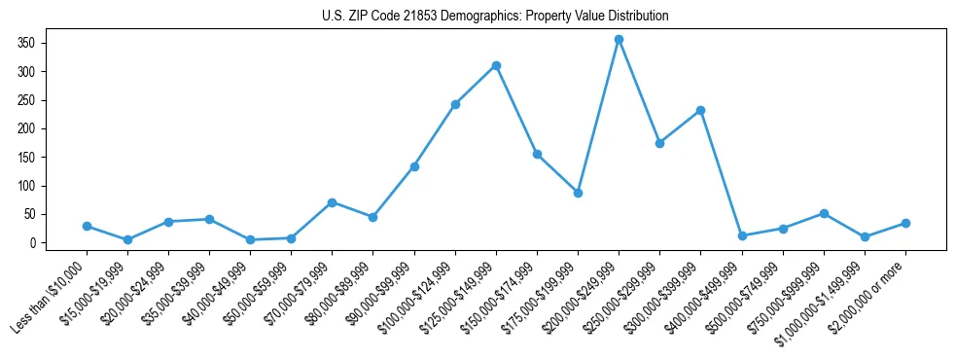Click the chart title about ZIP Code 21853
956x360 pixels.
click(x=495, y=17)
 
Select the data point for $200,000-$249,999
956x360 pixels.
click(x=620, y=39)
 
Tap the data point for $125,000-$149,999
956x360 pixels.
click(x=496, y=65)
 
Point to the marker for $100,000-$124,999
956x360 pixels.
click(x=455, y=104)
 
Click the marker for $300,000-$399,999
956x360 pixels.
click(x=701, y=110)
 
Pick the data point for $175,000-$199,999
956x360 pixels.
click(x=578, y=193)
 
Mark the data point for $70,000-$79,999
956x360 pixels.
click(x=333, y=202)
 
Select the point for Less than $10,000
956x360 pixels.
click(x=87, y=226)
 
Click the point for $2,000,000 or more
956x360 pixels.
click(x=905, y=223)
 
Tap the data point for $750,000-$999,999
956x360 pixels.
click(x=824, y=213)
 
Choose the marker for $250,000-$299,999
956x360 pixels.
click(x=660, y=143)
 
